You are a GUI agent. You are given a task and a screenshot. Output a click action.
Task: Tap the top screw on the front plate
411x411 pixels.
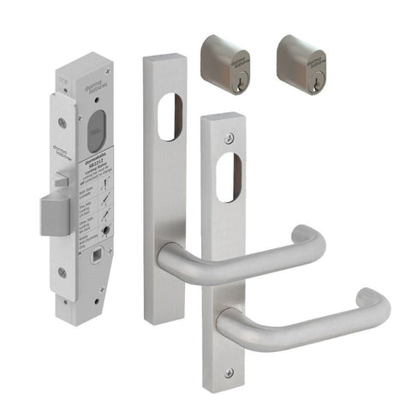click(x=228, y=138)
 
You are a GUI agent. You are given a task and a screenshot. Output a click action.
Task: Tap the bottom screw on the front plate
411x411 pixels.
click(x=229, y=372)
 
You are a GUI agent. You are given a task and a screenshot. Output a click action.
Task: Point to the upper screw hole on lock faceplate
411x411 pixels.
click(x=61, y=122)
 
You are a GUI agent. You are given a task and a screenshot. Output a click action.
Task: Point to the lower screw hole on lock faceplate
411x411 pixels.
click(x=62, y=273)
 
